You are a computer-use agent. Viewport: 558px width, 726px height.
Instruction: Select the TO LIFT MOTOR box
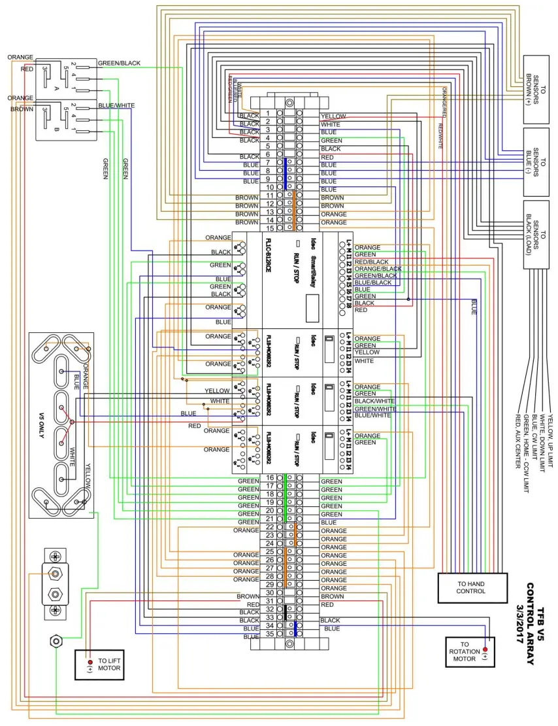tap(103, 665)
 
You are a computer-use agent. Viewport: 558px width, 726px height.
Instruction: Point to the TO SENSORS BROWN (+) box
tap(536, 89)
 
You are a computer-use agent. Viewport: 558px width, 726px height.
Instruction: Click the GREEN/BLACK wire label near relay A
tap(119, 63)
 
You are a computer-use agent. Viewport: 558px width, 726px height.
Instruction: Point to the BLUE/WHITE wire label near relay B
tap(116, 105)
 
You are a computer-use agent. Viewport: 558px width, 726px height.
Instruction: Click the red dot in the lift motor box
tap(90, 662)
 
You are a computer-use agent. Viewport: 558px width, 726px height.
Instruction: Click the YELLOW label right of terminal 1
tap(333, 116)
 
